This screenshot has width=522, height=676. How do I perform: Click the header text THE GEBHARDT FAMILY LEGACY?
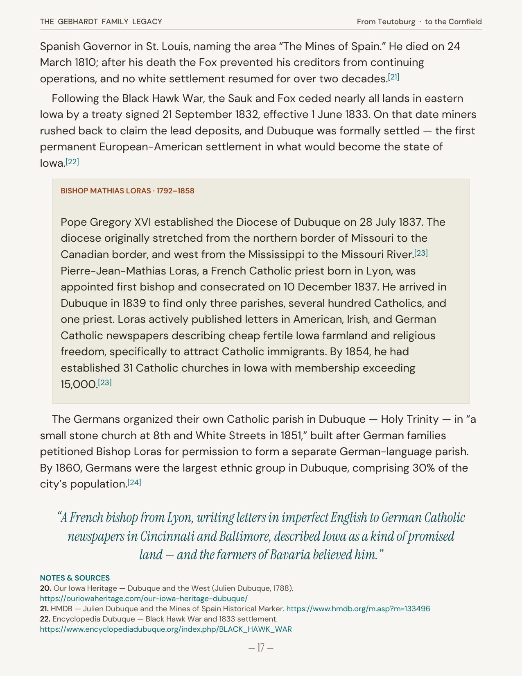click(101, 22)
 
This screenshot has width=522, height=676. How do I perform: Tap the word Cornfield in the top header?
click(465, 22)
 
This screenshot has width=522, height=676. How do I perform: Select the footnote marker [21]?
click(393, 77)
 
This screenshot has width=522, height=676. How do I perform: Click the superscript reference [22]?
click(72, 161)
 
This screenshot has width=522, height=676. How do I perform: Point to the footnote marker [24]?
click(134, 482)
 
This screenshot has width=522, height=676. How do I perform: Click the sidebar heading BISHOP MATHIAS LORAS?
click(105, 191)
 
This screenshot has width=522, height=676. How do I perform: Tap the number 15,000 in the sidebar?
click(79, 384)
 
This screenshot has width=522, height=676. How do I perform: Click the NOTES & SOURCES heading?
click(75, 578)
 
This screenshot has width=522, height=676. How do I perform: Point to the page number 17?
click(261, 648)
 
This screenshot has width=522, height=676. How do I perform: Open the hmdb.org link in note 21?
click(358, 608)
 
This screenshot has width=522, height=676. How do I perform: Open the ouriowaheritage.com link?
click(144, 598)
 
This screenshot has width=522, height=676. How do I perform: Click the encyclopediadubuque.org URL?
click(166, 629)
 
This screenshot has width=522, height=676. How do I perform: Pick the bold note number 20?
click(45, 588)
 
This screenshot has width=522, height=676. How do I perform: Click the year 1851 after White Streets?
click(291, 436)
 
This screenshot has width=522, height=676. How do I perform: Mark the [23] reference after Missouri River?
click(421, 253)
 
